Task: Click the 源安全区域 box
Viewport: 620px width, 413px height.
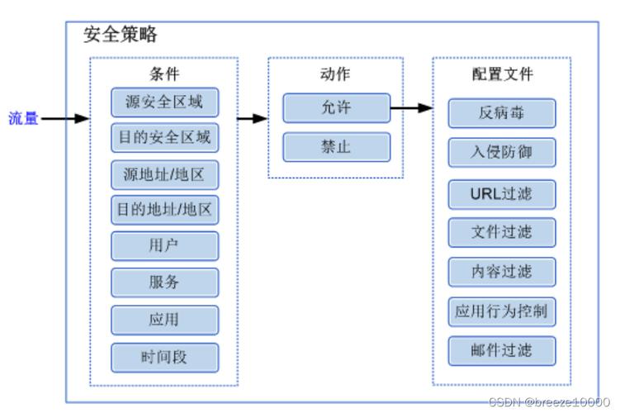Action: pyautogui.click(x=164, y=102)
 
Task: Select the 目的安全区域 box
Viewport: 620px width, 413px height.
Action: pyautogui.click(x=164, y=137)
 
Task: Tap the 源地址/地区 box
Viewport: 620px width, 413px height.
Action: pyautogui.click(x=164, y=175)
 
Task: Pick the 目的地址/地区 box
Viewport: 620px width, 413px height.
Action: pyautogui.click(x=164, y=210)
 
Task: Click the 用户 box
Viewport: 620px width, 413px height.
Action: pyautogui.click(x=164, y=246)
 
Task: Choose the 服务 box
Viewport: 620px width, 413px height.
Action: pyautogui.click(x=164, y=282)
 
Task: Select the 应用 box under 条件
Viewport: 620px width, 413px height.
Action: pyautogui.click(x=164, y=320)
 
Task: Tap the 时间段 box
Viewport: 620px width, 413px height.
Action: pyautogui.click(x=164, y=357)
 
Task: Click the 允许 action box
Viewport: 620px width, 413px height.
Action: pyautogui.click(x=336, y=108)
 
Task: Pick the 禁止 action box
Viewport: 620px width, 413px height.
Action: pyautogui.click(x=336, y=147)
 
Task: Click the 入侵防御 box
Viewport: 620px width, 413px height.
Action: pyautogui.click(x=501, y=153)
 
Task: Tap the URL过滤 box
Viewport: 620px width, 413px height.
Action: pyautogui.click(x=501, y=195)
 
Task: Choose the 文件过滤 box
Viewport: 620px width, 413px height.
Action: pyautogui.click(x=501, y=233)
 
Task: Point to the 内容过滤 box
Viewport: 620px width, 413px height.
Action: pyautogui.click(x=501, y=272)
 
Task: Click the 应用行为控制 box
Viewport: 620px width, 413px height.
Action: pyautogui.click(x=501, y=312)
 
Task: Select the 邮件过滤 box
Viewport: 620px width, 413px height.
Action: pyautogui.click(x=501, y=351)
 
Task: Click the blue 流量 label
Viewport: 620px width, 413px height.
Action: pyautogui.click(x=23, y=118)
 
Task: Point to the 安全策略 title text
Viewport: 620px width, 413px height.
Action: pyautogui.click(x=121, y=35)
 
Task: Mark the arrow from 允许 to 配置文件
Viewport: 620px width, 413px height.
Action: pyautogui.click(x=411, y=108)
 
